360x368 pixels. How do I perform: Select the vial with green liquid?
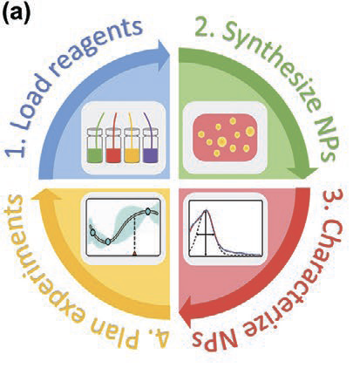pos(95,146)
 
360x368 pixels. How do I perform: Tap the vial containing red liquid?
pos(113,146)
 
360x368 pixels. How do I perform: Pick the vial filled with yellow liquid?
pos(132,146)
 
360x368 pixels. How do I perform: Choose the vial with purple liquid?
pos(151,146)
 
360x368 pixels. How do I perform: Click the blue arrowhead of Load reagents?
pos(163,55)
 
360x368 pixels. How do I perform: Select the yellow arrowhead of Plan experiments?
pos(46,194)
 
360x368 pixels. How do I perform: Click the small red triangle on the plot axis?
pos(134,254)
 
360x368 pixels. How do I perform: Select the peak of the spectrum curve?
pos(207,210)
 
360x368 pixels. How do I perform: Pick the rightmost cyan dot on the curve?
pos(147,211)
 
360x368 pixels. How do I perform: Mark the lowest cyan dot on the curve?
pos(108,242)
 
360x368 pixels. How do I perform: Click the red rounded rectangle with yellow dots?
pos(225,137)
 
